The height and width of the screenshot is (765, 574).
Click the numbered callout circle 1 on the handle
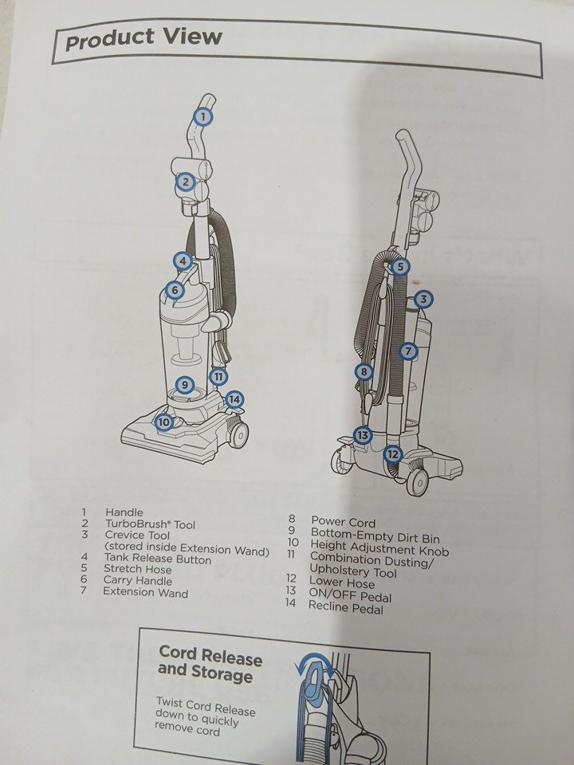point(203,116)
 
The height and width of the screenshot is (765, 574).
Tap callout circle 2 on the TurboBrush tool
point(186,182)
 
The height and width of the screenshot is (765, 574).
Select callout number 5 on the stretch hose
point(399,266)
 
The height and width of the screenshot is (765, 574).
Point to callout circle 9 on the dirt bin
point(184,384)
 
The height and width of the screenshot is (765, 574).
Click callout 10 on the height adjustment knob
point(163,422)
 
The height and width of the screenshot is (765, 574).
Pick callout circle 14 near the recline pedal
point(234,399)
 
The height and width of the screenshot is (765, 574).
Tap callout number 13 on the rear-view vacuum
point(362,434)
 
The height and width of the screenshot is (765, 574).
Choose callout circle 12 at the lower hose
point(392,454)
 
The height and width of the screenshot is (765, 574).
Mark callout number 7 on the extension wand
point(408,351)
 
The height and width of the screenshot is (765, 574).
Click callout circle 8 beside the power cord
point(364,372)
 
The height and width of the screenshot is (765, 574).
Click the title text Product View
point(144,38)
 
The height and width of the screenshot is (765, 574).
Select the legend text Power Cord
point(344,522)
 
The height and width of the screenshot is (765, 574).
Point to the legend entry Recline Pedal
point(345,607)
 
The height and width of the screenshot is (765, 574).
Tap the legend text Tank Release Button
point(158,558)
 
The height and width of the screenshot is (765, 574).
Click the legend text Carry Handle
point(138,581)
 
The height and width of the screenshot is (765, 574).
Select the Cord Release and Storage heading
point(210,664)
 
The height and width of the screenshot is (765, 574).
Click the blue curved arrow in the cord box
point(315,664)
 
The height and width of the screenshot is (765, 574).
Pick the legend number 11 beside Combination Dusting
point(291,554)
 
